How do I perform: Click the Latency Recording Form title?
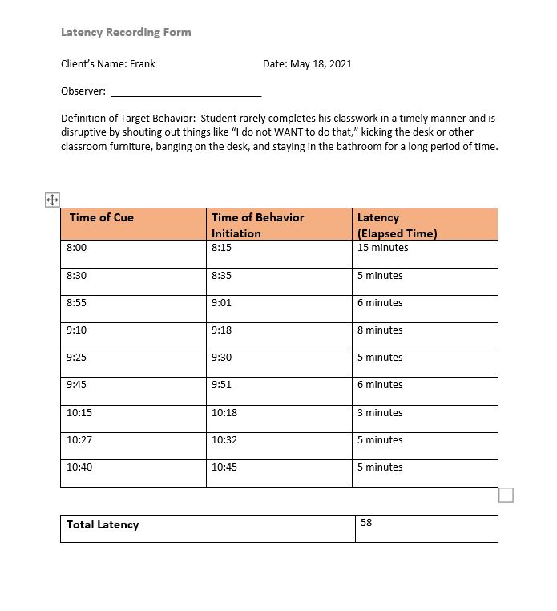pyautogui.click(x=126, y=32)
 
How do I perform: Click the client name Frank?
pyautogui.click(x=142, y=63)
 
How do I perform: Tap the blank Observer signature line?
pyautogui.click(x=185, y=91)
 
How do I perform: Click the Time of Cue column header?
pyautogui.click(x=102, y=217)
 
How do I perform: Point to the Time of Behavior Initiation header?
pyautogui.click(x=257, y=225)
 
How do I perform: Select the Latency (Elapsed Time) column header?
pyautogui.click(x=397, y=225)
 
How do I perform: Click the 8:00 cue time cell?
pyautogui.click(x=77, y=248)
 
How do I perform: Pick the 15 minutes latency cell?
pyautogui.click(x=382, y=248)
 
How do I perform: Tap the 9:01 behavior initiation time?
pyautogui.click(x=222, y=302)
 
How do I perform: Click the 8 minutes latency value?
pyautogui.click(x=380, y=330)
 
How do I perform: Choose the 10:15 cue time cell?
pyautogui.click(x=79, y=412)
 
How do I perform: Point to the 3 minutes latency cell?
pyautogui.click(x=380, y=412)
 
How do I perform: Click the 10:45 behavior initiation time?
pyautogui.click(x=224, y=467)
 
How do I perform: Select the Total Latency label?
pyautogui.click(x=103, y=524)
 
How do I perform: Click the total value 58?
pyautogui.click(x=366, y=522)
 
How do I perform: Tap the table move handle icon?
pyautogui.click(x=52, y=200)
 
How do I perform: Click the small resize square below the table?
pyautogui.click(x=506, y=495)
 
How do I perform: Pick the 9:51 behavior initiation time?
pyautogui.click(x=222, y=384)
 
